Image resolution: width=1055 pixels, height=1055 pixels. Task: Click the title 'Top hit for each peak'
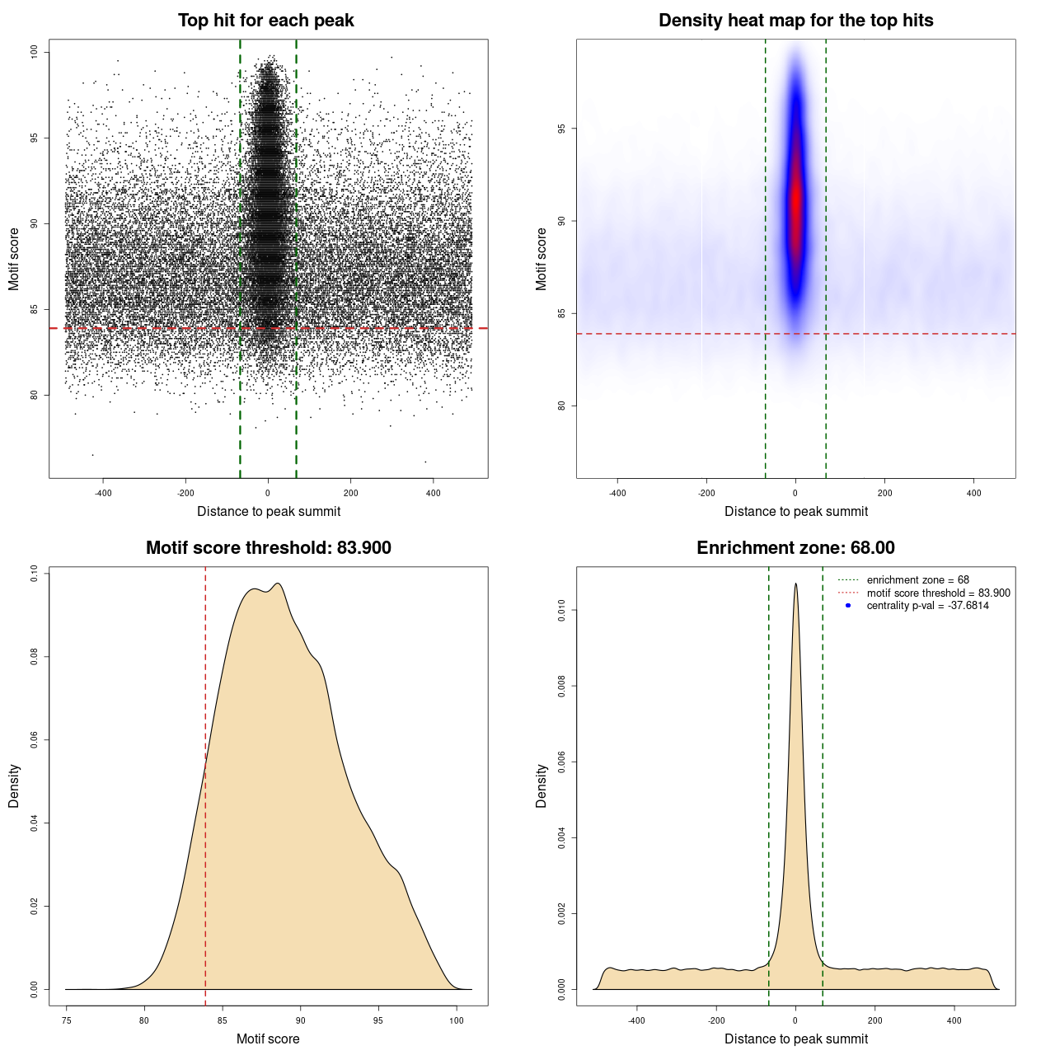click(265, 21)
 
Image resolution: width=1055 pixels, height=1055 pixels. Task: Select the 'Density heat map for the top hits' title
click(795, 21)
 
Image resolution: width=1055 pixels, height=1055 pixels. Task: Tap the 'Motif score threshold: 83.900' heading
click(268, 548)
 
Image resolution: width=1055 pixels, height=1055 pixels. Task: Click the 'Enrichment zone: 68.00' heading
click(795, 548)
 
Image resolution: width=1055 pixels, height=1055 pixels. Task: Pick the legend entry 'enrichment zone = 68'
click(917, 580)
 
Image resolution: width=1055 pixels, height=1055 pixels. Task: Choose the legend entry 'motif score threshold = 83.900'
click(938, 593)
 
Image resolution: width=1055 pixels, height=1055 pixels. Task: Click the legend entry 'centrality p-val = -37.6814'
click(927, 606)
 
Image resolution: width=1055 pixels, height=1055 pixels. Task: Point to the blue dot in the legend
click(848, 606)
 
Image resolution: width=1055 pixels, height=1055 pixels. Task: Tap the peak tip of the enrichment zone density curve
click(795, 584)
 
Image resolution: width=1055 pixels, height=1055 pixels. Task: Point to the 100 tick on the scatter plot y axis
click(34, 52)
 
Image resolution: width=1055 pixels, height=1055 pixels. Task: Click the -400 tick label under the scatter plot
click(103, 493)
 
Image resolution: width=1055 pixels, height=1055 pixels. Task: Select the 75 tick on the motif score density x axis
click(67, 1020)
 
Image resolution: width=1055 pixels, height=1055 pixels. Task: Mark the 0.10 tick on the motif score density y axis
click(34, 573)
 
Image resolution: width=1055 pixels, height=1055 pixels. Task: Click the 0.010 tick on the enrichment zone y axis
click(561, 610)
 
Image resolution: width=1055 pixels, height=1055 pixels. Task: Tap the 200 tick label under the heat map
click(884, 493)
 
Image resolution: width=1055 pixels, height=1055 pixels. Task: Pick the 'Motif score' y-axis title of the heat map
click(541, 259)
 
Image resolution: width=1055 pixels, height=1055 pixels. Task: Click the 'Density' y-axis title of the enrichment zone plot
click(541, 785)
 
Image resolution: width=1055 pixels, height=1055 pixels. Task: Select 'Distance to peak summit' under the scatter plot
click(269, 511)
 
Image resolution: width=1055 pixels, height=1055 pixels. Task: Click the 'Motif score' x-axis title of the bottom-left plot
click(268, 1039)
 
